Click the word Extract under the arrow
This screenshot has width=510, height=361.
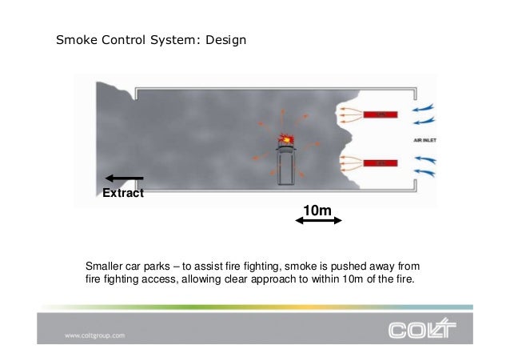(122, 193)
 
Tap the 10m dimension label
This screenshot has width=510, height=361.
(318, 211)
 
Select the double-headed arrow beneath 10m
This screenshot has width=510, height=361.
(318, 223)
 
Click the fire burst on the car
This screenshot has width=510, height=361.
(285, 139)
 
